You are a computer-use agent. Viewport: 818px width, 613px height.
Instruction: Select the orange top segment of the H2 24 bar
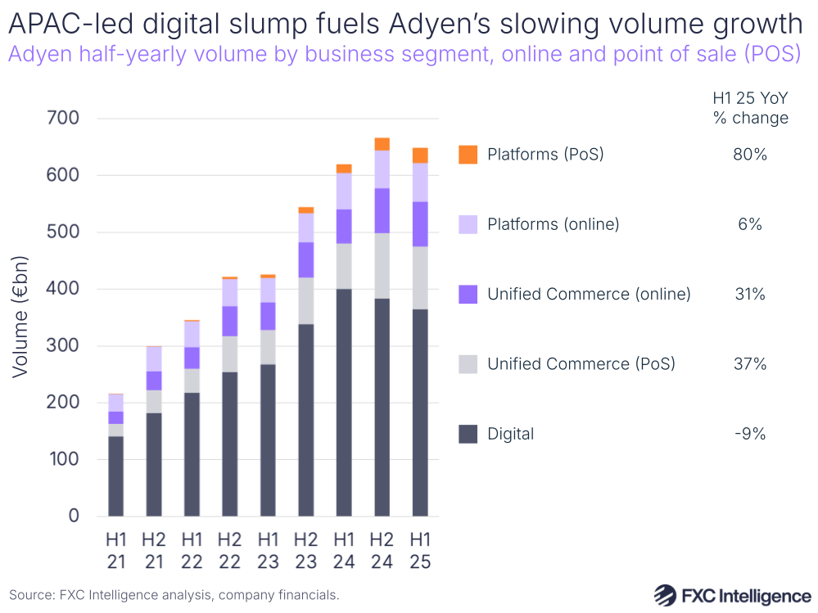(382, 144)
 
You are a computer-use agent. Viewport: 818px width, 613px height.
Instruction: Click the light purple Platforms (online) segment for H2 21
(153, 358)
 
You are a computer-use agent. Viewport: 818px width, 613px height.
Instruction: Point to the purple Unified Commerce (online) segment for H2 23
(306, 259)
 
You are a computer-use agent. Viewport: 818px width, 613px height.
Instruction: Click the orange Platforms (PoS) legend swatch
(468, 154)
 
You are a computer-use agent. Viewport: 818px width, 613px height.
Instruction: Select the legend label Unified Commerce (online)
(589, 294)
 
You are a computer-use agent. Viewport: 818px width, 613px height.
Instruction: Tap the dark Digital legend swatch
(468, 434)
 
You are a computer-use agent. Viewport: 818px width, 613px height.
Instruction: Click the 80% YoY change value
(750, 154)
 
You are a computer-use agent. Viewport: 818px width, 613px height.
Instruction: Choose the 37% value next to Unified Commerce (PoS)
(750, 364)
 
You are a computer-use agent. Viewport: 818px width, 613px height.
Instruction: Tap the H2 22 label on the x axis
(229, 551)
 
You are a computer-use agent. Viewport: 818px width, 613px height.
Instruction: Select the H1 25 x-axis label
(420, 551)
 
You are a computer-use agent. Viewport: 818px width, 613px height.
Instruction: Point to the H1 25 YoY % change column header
(750, 108)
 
